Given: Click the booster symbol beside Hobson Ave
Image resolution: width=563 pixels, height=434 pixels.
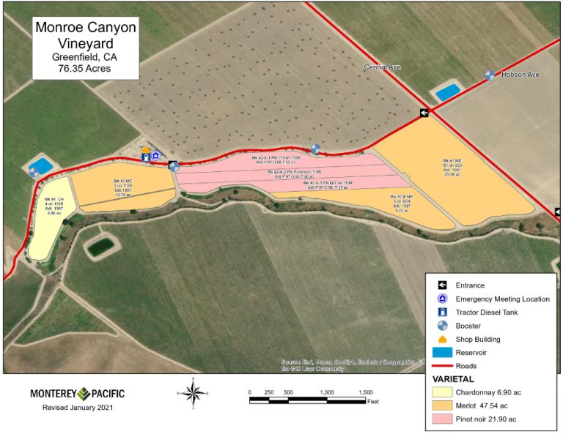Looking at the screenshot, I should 490,75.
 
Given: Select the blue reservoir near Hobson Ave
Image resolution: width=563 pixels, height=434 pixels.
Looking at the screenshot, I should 448,91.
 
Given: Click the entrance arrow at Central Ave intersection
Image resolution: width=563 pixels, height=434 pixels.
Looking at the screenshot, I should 424,113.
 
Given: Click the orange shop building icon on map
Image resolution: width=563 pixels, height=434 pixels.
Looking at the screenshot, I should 145,150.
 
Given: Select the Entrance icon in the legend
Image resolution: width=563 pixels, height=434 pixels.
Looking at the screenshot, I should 442,285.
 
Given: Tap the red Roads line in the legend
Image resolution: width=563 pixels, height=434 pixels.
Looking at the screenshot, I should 442,365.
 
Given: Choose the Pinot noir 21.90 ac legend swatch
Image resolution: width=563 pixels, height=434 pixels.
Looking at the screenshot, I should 443,419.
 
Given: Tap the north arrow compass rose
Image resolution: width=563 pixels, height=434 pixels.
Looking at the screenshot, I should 194,393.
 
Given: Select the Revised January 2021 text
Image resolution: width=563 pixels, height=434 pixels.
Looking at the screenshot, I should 78,408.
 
